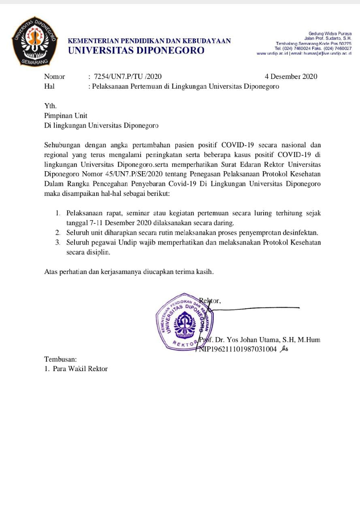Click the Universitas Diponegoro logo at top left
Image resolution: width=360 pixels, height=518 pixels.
34,41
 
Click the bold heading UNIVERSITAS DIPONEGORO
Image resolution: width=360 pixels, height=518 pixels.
136,51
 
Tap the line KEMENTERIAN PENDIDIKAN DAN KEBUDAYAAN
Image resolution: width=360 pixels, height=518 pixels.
149,41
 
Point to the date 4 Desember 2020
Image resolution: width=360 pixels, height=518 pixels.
291,76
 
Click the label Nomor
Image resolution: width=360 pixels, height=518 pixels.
54,76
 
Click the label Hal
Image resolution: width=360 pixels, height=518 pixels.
49,86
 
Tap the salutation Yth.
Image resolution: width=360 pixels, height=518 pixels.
51,106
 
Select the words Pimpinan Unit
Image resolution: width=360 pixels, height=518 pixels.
66,116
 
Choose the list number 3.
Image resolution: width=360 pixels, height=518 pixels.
58,242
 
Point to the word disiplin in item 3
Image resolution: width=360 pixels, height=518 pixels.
96,252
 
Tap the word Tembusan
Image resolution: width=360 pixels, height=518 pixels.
60,359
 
